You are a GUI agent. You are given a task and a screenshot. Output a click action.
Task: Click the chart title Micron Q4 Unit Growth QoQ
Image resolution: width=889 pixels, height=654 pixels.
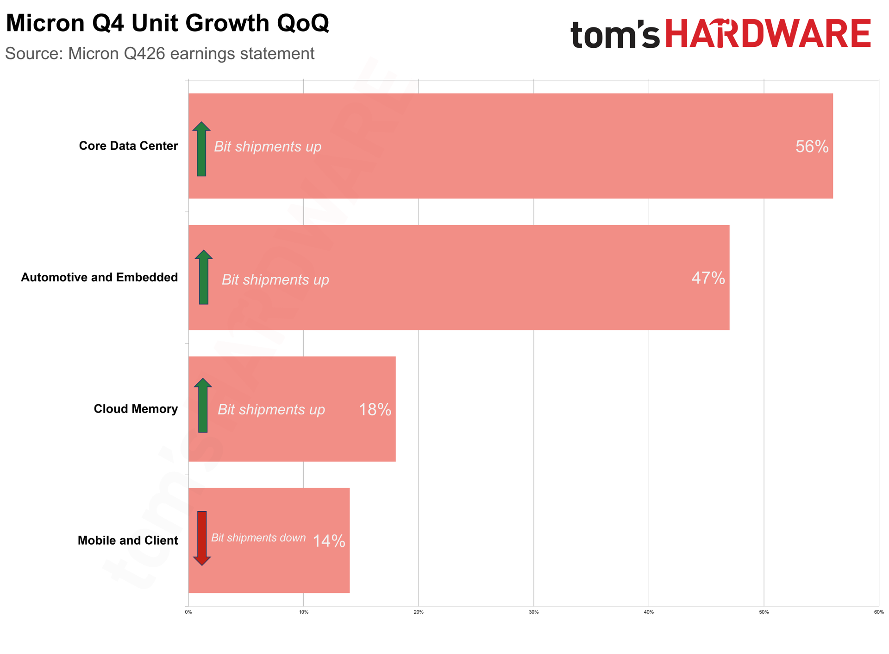point(167,23)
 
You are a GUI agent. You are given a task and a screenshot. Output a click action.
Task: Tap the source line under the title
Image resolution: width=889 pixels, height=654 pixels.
point(160,54)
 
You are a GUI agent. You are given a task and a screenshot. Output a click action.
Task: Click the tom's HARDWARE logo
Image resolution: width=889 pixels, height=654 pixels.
point(720,33)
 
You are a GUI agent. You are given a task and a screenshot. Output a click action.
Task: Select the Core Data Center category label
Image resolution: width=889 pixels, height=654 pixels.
point(128,146)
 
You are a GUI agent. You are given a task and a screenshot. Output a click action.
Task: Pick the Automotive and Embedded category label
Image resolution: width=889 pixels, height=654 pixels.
point(100,278)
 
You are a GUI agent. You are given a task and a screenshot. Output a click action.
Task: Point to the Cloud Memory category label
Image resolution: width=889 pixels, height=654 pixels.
point(136,409)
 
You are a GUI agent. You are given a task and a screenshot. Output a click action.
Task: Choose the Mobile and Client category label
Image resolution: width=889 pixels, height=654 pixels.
point(128,540)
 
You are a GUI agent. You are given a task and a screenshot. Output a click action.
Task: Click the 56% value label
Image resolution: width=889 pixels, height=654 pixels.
point(812,146)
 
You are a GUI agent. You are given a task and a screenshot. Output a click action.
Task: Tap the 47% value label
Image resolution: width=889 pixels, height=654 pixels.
point(708,278)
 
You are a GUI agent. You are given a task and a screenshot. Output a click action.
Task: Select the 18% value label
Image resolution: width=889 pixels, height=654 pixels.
point(375,409)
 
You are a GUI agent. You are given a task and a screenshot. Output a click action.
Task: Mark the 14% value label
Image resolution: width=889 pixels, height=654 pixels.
point(329,541)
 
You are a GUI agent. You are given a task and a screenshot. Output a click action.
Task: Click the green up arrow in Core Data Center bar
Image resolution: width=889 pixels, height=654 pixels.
point(201,149)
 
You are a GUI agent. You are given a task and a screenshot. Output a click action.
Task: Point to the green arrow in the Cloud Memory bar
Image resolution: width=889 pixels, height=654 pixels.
point(203,406)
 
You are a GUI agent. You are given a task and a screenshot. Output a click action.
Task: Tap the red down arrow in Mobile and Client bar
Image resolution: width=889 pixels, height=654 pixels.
point(202,539)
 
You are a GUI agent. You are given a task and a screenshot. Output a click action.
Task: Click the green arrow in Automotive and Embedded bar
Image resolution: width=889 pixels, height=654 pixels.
point(204,277)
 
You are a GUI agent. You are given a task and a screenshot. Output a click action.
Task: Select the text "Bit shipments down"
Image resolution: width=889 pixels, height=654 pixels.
point(258,538)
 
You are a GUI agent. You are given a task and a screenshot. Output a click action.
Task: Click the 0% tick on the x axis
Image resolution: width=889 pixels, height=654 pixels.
point(188,612)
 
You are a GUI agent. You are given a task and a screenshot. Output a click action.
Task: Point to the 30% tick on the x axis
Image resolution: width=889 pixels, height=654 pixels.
point(534,612)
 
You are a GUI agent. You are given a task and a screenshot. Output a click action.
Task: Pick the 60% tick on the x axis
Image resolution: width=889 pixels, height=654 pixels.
point(879,612)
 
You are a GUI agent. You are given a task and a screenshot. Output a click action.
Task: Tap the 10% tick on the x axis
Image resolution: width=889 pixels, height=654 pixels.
point(303,612)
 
